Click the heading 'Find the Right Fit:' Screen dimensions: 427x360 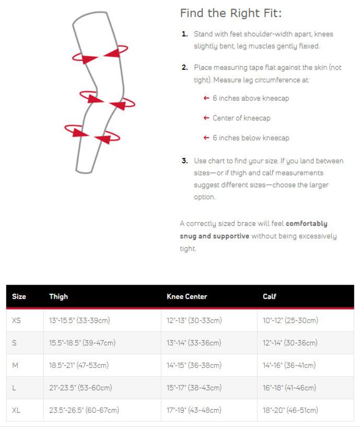tap(230, 14)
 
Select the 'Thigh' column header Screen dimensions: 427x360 tap(59, 296)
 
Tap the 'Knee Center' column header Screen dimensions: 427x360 tap(187, 296)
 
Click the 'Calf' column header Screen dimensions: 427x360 tap(269, 296)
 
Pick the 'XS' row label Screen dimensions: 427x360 tap(16, 321)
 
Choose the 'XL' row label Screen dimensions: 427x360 tap(16, 410)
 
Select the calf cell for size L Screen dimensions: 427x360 tap(289, 388)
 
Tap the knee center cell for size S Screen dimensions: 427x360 tap(194, 343)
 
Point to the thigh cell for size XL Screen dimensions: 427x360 tap(84, 410)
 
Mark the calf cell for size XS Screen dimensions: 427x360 tap(290, 321)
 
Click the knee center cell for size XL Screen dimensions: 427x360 tap(194, 410)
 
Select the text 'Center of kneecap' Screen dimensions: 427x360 tap(241, 118)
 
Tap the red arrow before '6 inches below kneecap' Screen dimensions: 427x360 tap(206, 138)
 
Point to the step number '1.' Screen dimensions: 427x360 tap(184, 34)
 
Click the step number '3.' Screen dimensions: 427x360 tap(184, 161)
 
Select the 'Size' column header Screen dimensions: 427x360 tap(19, 296)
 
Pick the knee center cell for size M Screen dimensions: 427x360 tap(194, 365)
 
